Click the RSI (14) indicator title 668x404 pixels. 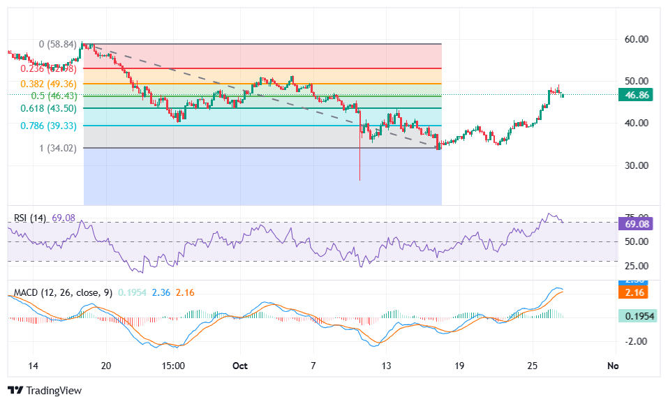(30, 218)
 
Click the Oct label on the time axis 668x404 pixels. (240, 366)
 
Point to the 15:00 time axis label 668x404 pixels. (172, 366)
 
